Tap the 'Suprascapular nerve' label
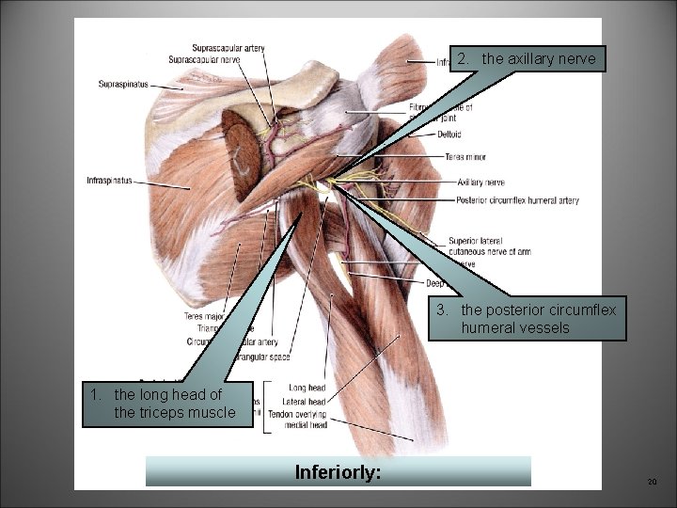(x=204, y=59)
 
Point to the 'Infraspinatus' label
(x=109, y=180)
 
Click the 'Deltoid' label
(x=449, y=135)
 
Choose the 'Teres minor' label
(x=465, y=157)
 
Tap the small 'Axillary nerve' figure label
(x=480, y=182)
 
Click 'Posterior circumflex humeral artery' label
(x=517, y=200)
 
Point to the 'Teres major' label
(x=203, y=317)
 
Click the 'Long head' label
(x=307, y=388)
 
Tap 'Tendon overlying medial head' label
(x=296, y=420)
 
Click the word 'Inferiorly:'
(x=338, y=470)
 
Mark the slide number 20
(x=651, y=482)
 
